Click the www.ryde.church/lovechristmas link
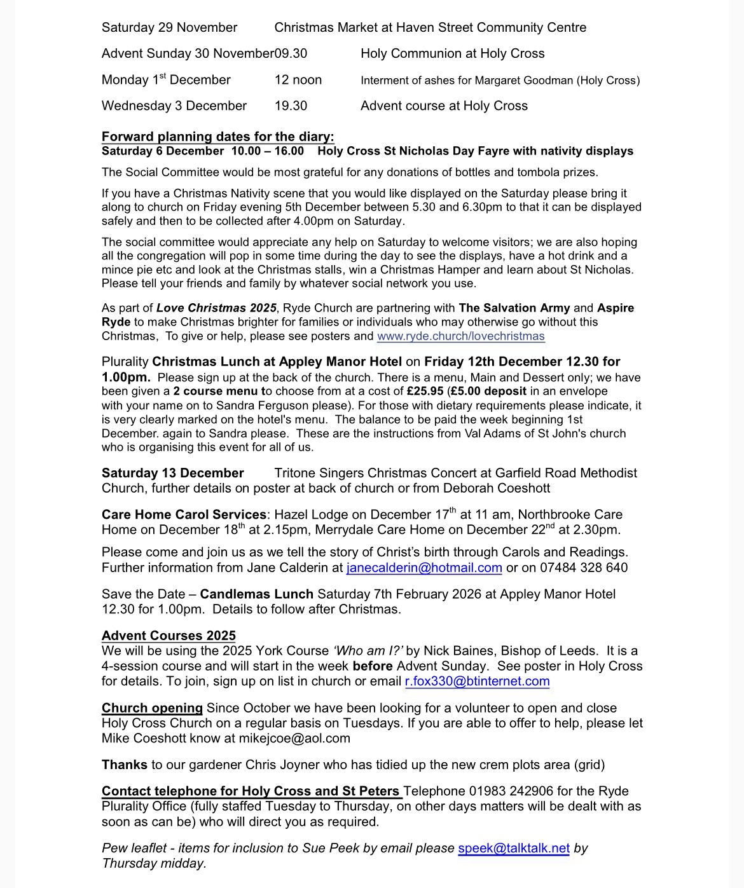click(460, 336)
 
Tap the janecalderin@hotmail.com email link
click(424, 568)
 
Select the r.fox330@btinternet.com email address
click(477, 681)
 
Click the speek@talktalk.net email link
click(514, 848)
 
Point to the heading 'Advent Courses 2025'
click(169, 636)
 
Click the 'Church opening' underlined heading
click(152, 708)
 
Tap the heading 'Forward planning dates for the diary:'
click(217, 137)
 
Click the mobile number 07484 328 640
click(584, 568)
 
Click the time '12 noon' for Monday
click(298, 80)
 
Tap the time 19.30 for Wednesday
click(291, 106)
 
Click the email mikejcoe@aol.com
click(294, 739)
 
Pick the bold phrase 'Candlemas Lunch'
click(256, 594)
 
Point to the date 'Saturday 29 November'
click(169, 27)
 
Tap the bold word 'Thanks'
click(125, 765)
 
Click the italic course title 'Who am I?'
click(368, 651)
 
